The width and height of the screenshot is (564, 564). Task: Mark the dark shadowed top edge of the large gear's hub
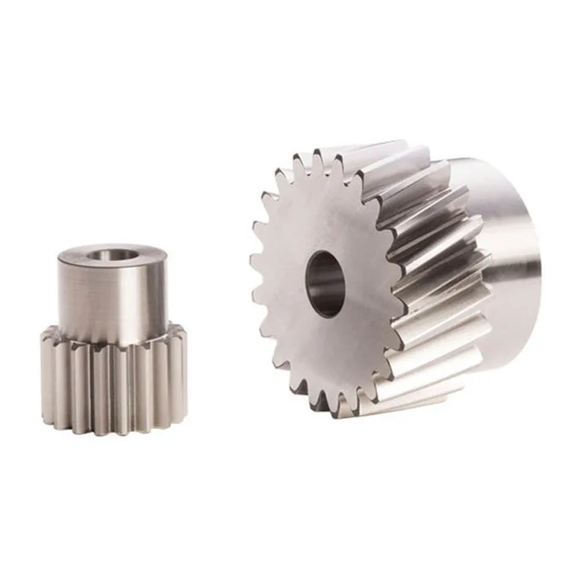pyautogui.click(x=475, y=165)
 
